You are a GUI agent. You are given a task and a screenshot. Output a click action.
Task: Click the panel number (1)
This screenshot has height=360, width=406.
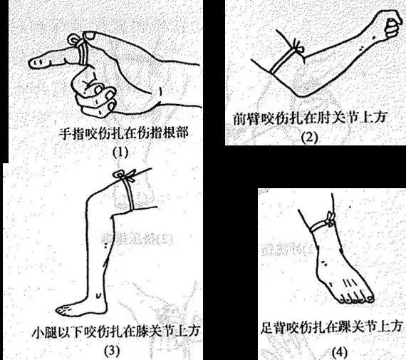pos(120,153)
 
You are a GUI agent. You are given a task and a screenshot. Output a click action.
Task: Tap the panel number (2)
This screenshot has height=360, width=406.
pos(309,137)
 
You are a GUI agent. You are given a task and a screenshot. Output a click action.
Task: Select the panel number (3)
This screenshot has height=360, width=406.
pos(112,351)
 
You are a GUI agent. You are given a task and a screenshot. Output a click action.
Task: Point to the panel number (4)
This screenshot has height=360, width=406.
pos(340,352)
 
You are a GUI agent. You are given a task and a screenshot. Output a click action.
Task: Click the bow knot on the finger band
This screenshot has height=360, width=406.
pos(75,40)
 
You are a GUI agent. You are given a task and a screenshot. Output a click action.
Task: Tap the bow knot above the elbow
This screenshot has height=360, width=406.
pos(298,47)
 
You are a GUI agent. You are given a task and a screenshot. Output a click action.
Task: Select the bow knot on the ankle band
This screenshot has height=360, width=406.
pos(330,220)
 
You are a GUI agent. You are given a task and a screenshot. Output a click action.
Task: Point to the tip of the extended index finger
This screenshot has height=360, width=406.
pos(29,63)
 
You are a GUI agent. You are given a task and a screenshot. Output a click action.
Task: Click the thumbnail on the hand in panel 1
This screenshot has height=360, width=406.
pos(90,36)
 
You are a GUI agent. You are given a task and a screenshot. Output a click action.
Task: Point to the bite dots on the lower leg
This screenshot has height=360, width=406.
pos(105,245)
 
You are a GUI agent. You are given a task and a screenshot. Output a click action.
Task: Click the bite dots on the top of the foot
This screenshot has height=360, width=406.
pos(323,263)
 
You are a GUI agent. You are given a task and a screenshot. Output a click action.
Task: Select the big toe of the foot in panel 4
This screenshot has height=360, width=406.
pos(370,299)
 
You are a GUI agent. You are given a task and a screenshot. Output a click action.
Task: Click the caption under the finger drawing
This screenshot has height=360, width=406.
pos(124,133)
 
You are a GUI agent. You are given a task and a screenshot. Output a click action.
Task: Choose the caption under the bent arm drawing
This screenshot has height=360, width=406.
pos(310,118)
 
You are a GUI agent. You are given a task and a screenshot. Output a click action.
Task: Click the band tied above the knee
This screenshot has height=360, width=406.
pos(128,194)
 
